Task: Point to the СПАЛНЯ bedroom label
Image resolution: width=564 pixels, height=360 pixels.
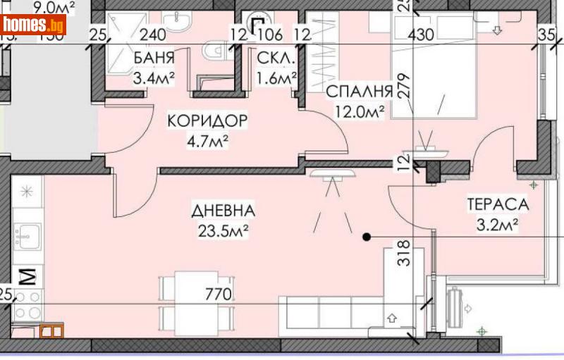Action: click(x=359, y=91)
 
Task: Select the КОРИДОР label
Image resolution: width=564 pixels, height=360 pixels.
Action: click(x=207, y=121)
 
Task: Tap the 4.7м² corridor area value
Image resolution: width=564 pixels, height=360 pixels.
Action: click(x=207, y=139)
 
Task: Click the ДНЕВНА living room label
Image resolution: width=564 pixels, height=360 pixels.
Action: click(x=223, y=211)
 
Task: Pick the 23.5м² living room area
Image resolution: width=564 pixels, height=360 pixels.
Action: click(x=223, y=229)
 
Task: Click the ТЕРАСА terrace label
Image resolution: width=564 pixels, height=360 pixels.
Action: click(x=498, y=204)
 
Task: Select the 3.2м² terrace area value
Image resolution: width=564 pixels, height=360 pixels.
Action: click(x=498, y=225)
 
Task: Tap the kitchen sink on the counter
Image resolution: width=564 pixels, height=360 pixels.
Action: click(x=27, y=232)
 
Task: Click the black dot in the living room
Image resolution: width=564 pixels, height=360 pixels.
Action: click(x=366, y=237)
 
